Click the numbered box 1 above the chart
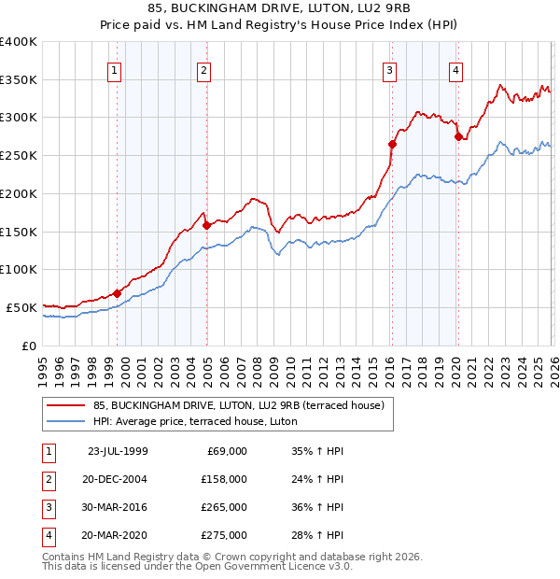114,68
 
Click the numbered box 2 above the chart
203,68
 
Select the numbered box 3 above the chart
389,68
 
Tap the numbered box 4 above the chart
455,68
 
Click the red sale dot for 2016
392,144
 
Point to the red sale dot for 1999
118,293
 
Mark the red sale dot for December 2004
206,225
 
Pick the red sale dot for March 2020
458,136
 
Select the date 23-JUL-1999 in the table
117,451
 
